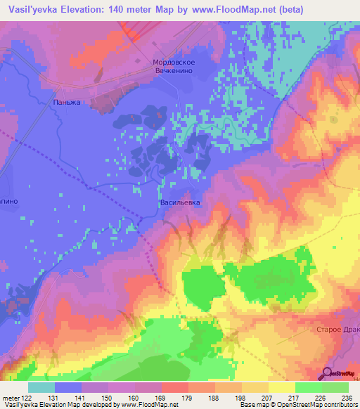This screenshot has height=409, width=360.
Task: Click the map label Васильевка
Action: pyautogui.click(x=181, y=202)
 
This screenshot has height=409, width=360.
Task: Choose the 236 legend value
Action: pyautogui.click(x=346, y=397)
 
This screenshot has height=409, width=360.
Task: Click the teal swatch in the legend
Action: pyautogui.click(x=41, y=387)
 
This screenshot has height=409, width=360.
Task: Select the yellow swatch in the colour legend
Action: pyautogui.click(x=281, y=387)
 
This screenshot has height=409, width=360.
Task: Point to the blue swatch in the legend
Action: pyautogui.click(x=67, y=387)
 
